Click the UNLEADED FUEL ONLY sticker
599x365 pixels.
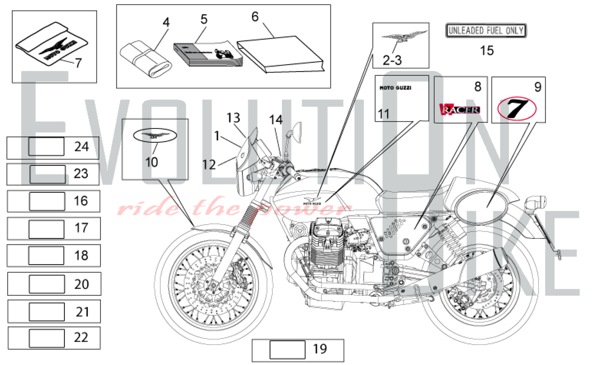coord(486,31)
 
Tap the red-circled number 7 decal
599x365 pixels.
coord(517,108)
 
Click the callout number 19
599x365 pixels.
coord(320,349)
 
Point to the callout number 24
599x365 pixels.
coord(81,147)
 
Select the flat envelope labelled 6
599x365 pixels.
coord(280,54)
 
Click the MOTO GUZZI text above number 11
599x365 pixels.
coord(395,88)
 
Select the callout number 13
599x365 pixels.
coord(233,118)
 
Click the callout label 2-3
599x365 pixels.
coord(392,60)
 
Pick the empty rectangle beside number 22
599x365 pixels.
coord(47,338)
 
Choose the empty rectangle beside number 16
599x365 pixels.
coord(47,201)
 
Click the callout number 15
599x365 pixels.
coord(487,51)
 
